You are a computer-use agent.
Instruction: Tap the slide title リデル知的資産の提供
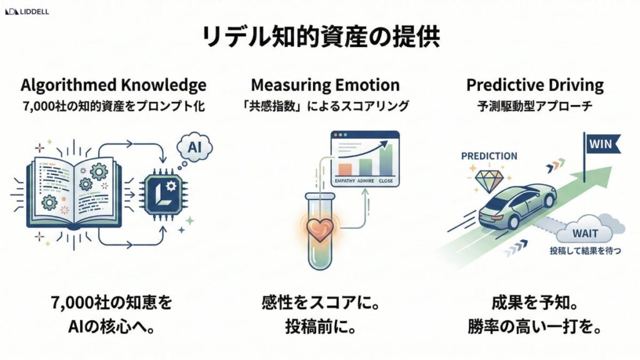(x=320, y=37)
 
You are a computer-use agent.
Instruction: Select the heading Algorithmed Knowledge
(x=113, y=85)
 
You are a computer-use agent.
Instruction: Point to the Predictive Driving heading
(x=535, y=85)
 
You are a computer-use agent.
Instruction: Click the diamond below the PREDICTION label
(x=487, y=181)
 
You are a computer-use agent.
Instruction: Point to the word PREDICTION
(x=488, y=156)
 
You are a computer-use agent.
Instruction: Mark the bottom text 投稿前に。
(x=321, y=326)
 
